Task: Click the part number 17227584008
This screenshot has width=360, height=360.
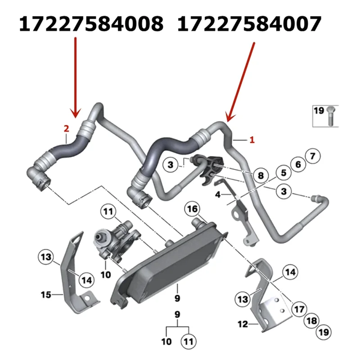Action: [x=90, y=23]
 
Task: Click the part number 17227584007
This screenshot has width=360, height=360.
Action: [x=250, y=23]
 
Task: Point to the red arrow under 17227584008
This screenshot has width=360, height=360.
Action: [x=75, y=76]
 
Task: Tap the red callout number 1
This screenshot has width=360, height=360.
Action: [x=252, y=140]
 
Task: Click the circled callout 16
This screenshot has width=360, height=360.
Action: [x=193, y=209]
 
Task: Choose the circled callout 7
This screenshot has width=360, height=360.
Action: [x=312, y=156]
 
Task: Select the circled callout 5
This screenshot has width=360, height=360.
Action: [x=284, y=172]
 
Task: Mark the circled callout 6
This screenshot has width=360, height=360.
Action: [x=298, y=164]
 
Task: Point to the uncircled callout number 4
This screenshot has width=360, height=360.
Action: [x=218, y=195]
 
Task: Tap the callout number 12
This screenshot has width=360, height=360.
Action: [x=243, y=323]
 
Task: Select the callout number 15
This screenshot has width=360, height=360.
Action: [x=46, y=295]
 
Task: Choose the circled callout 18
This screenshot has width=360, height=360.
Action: [x=310, y=321]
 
